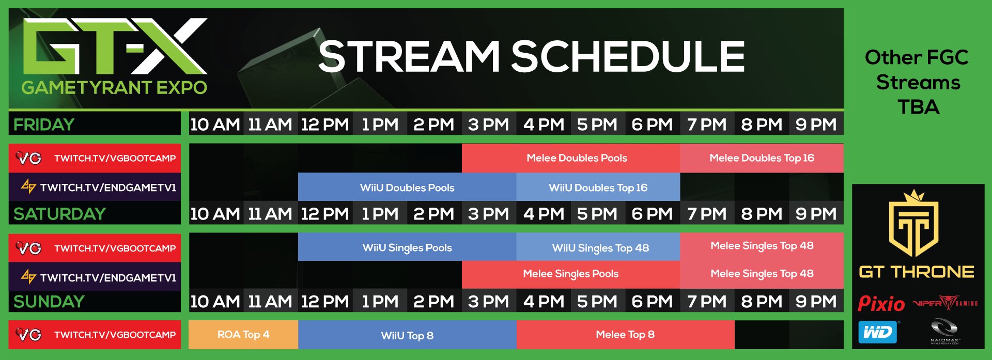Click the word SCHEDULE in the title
pos(627,57)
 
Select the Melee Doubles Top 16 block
pos(762,158)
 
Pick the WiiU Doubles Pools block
pos(407,187)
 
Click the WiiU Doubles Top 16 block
pos(598,187)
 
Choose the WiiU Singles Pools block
pos(407,247)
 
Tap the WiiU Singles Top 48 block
pos(600,247)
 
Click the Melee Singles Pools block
pos(570,274)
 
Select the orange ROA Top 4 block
pos(243,335)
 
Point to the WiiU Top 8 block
pos(407,335)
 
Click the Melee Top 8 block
pos(625,335)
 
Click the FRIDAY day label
pos(44,124)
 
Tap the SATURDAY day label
pos(59,214)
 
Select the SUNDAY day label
pos(49,302)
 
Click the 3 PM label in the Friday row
pos(488,124)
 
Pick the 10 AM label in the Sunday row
pos(215,302)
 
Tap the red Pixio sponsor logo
pos(881,304)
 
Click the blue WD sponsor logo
pos(877,332)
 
